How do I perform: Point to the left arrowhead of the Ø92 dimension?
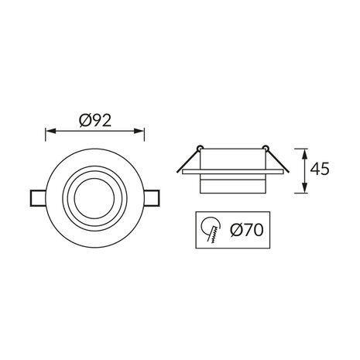[50, 130]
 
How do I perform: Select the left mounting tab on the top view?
[38, 197]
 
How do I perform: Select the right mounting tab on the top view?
[155, 197]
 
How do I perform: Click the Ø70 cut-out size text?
[245, 230]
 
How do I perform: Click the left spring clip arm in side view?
[184, 160]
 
